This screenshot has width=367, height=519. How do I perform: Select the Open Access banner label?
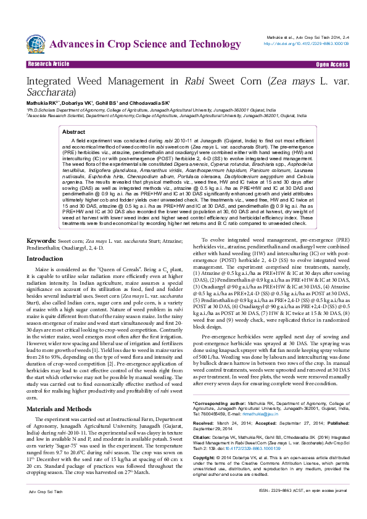332,64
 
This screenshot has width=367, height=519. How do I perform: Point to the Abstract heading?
74,132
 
